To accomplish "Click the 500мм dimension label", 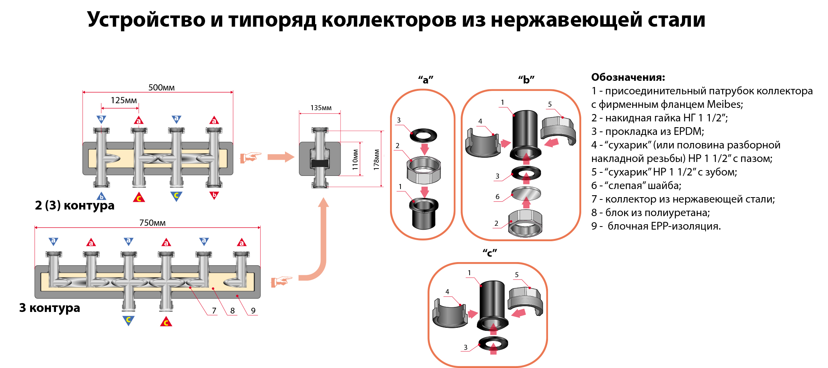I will [161, 88].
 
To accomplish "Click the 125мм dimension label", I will [124, 101].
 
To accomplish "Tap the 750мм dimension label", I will [152, 223].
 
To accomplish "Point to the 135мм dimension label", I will [321, 108].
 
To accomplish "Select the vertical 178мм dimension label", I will [377, 159].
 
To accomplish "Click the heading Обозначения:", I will [628, 77].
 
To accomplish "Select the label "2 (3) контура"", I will [75, 205].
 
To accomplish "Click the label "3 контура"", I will [49, 308].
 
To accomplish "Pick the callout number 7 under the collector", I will [214, 311].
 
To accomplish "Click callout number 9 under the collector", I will [253, 311].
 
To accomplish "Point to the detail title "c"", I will [490, 253].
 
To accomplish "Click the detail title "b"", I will [526, 80].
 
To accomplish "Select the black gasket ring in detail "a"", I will [424, 135].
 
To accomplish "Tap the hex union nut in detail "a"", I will [424, 170].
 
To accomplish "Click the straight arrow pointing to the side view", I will [281, 157].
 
